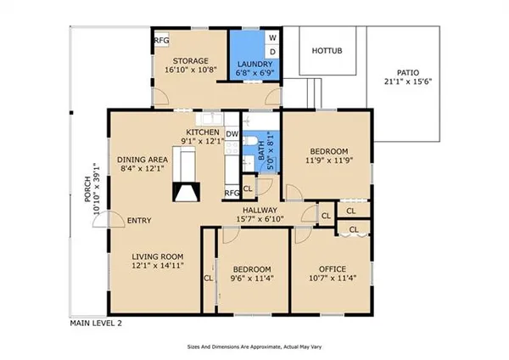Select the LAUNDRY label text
pos(255,65)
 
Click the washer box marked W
pos(272,38)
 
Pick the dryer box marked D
pos(272,53)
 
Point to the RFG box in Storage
pos(160,41)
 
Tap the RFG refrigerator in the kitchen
pos(232,194)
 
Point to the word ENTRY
pos(139,222)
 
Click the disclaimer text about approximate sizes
pos(255,346)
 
